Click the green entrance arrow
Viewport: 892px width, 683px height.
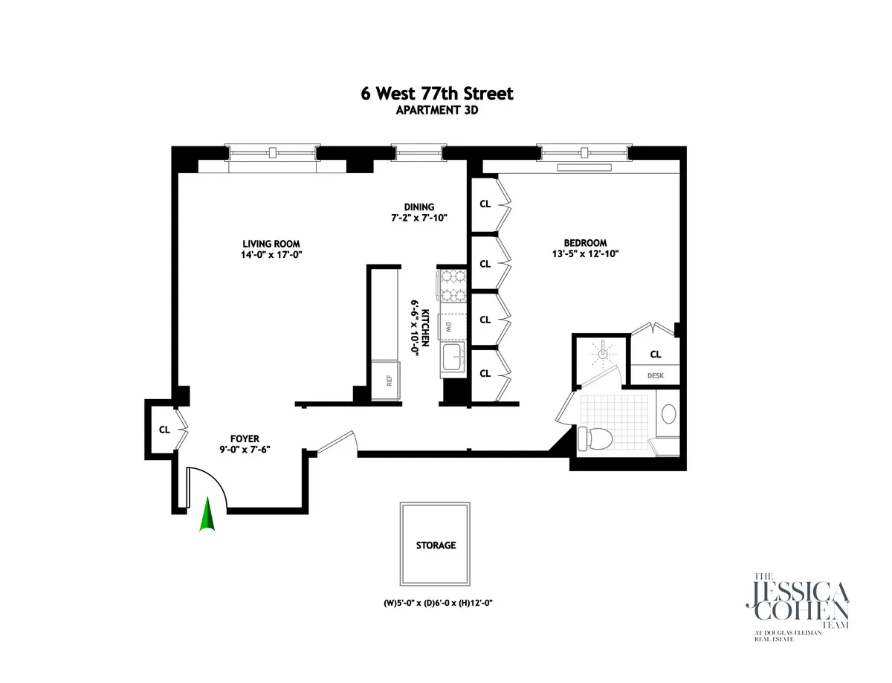click(207, 516)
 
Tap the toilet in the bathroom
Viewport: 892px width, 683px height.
click(594, 438)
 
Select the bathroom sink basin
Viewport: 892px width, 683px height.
click(668, 414)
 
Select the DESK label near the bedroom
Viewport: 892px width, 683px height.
click(655, 376)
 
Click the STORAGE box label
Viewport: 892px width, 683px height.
click(436, 545)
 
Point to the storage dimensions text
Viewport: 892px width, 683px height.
click(435, 603)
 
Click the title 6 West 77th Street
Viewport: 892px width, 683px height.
click(435, 94)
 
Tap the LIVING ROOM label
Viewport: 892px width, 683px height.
click(271, 244)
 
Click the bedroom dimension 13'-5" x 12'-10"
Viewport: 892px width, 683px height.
click(585, 253)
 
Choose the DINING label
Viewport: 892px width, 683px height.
click(418, 207)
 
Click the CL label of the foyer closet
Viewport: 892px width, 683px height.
click(164, 430)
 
